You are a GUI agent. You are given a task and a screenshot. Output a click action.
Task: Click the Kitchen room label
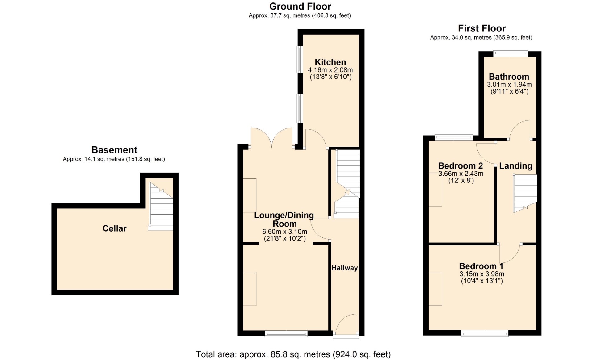tap(330, 62)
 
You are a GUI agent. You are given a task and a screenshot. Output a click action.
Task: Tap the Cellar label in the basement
tap(114, 228)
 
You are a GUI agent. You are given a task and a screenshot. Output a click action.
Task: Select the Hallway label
tap(345, 268)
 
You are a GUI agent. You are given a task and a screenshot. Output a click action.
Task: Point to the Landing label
tap(515, 166)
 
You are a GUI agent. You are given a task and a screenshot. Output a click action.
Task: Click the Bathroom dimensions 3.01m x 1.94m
tap(509, 85)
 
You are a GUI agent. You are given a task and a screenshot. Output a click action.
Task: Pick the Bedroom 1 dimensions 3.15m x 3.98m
tap(482, 274)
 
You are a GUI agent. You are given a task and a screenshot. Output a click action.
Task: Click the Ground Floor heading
tap(300, 6)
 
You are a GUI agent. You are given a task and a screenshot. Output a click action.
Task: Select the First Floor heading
tap(482, 28)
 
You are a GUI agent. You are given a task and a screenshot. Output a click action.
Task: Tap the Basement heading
tap(114, 150)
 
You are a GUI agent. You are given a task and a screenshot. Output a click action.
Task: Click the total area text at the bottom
tap(293, 354)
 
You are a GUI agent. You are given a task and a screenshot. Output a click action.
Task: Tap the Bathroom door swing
tap(519, 130)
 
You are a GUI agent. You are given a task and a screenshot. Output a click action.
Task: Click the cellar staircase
tap(161, 206)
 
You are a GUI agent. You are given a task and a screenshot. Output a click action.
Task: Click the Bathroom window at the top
tap(511, 54)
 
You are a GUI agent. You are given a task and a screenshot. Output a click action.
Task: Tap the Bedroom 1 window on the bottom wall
tap(485, 333)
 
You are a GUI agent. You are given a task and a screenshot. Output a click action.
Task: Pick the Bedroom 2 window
tap(454, 138)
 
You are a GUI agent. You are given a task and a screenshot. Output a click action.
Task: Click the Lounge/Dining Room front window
tap(286, 333)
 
